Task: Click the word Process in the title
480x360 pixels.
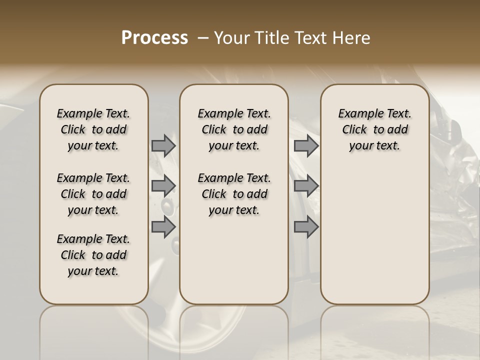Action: pos(154,38)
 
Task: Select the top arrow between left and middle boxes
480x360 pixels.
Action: pos(163,145)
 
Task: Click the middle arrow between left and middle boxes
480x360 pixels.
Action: pos(163,185)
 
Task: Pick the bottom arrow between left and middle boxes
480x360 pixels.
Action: pos(163,227)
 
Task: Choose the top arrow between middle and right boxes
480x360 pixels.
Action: pos(306,145)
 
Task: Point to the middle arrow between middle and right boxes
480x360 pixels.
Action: pos(306,185)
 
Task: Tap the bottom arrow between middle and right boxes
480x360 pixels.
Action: pos(306,227)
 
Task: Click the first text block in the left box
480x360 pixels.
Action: pos(93,129)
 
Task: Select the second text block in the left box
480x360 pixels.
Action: pos(93,194)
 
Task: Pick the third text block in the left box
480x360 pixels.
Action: pos(93,255)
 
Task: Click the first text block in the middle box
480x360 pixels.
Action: pos(234,129)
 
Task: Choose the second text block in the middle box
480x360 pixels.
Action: pos(234,194)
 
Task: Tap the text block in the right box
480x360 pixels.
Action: pos(374,129)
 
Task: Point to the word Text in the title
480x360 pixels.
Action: pos(306,38)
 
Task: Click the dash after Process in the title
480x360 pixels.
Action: pos(203,38)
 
